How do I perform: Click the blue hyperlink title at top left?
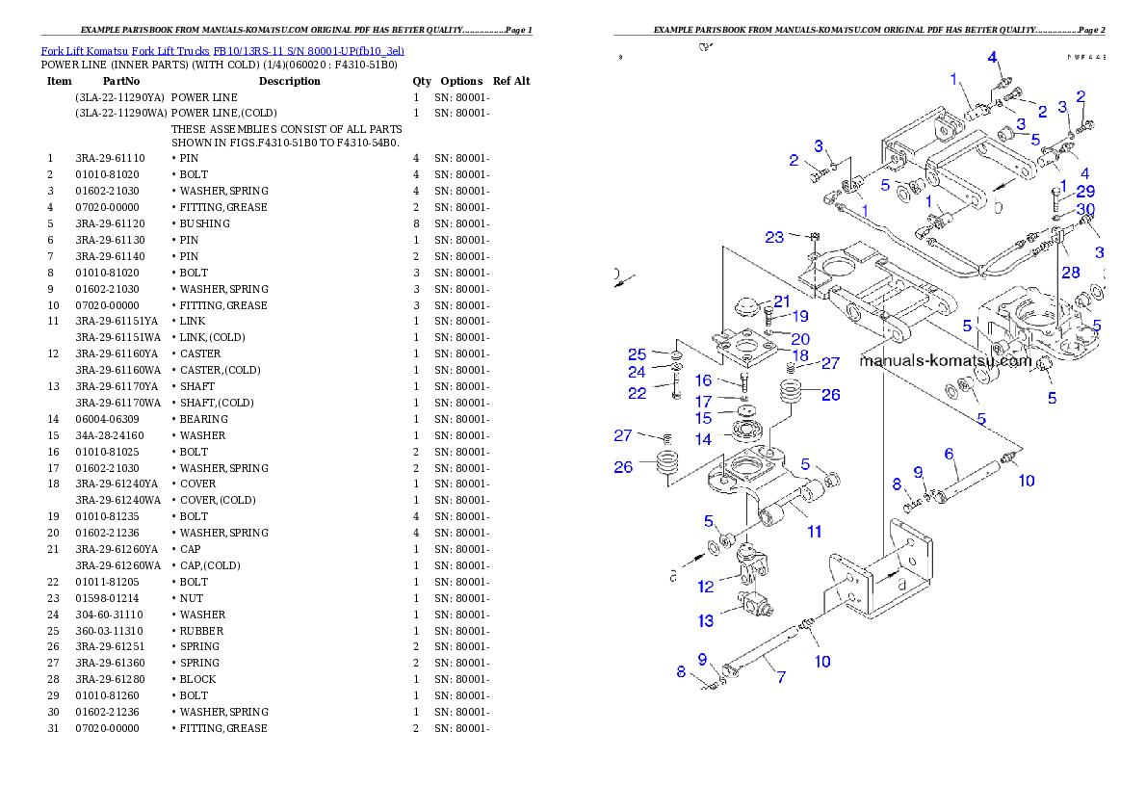[222, 50]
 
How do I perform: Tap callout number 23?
[775, 238]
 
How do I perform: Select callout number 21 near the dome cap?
[781, 301]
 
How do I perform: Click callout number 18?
[800, 355]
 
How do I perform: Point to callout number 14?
[703, 439]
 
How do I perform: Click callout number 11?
[814, 532]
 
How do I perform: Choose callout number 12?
[706, 587]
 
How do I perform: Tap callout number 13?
[706, 620]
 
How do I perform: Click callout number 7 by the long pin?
[780, 677]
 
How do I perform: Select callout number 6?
[948, 454]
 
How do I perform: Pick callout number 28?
[1070, 273]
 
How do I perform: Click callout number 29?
[1085, 192]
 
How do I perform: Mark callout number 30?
[1085, 209]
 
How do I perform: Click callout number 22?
[637, 393]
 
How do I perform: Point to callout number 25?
[637, 354]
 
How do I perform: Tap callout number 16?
[703, 381]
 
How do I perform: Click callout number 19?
[799, 316]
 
